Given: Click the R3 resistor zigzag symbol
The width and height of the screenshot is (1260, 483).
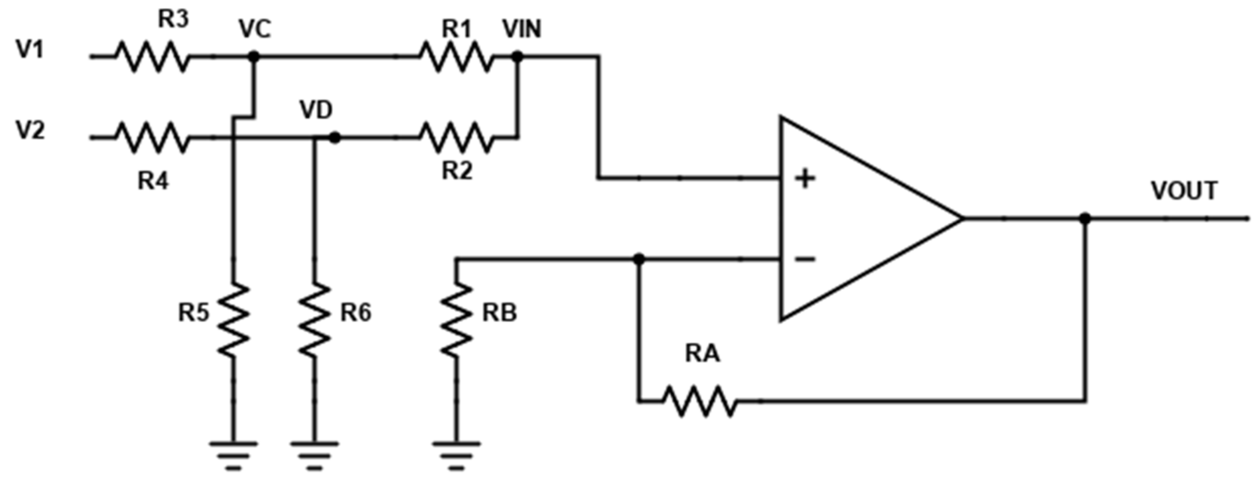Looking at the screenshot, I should (152, 57).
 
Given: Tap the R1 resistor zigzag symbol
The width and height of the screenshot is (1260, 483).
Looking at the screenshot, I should (456, 57).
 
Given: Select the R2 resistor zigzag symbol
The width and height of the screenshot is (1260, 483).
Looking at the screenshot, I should (456, 138).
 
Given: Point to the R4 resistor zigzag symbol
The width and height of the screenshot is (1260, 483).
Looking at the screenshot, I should (152, 138).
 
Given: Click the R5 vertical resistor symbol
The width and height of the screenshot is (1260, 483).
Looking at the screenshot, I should (234, 319).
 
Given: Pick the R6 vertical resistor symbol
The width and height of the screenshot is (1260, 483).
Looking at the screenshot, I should (315, 319).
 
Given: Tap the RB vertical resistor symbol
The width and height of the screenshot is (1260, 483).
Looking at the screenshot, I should (456, 319).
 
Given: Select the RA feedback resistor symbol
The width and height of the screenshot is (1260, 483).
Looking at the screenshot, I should (700, 401).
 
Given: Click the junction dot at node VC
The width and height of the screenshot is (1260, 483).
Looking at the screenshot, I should (253, 57).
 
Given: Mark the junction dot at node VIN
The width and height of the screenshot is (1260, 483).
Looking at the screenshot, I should (518, 57).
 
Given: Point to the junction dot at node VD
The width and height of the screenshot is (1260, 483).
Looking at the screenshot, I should (335, 138).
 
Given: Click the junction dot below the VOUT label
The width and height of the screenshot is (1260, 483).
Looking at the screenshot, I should (1085, 218).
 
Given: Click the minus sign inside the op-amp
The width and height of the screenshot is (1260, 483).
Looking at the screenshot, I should (805, 259).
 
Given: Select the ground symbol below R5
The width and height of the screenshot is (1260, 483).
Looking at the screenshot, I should (234, 455).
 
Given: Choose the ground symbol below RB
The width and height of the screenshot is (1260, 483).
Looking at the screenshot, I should (456, 455).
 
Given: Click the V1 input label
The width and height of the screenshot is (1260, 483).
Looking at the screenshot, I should (30, 49).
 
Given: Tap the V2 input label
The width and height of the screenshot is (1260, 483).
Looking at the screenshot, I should (30, 130).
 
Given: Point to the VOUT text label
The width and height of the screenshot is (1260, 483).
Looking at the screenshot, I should (1184, 191).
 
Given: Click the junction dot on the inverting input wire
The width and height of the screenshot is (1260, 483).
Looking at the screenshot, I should (638, 259).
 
